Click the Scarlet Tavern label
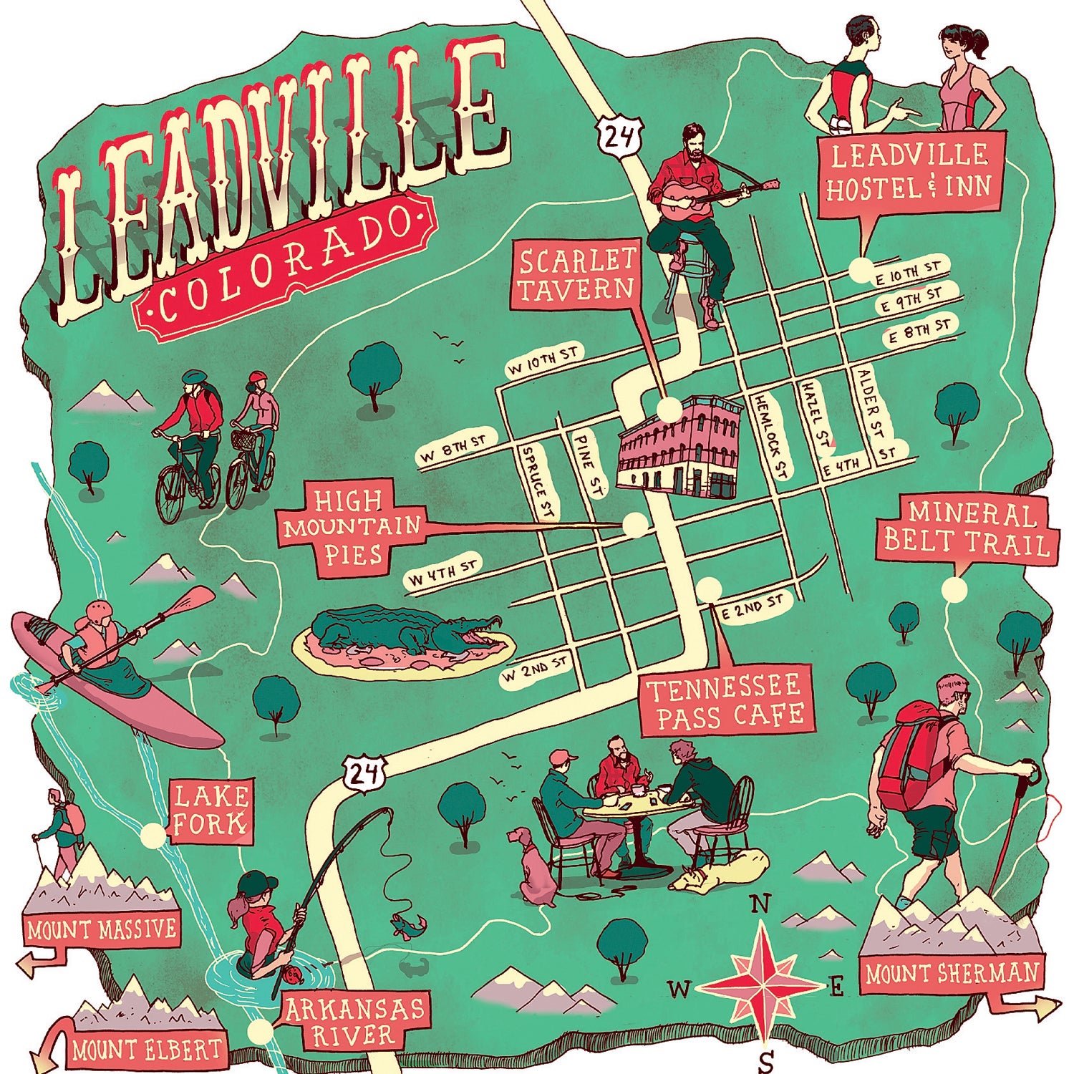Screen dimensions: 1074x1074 click(576, 275)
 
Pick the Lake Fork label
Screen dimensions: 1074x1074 click(211, 811)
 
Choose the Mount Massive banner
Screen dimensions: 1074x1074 click(101, 929)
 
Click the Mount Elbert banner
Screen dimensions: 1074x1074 click(147, 1050)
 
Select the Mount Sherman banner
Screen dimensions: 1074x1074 click(951, 973)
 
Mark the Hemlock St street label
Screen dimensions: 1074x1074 click(770, 435)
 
